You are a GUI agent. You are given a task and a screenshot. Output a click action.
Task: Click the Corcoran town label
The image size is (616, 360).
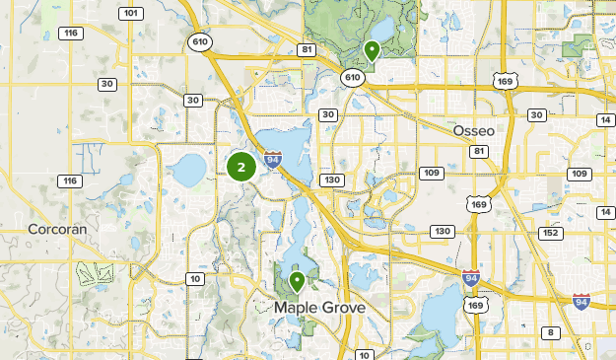click(57, 228)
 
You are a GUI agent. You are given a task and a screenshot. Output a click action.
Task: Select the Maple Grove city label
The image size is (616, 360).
click(319, 308)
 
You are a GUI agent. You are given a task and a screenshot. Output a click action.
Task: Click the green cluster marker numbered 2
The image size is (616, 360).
click(241, 167)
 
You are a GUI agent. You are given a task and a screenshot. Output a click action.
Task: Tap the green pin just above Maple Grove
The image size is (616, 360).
click(297, 282)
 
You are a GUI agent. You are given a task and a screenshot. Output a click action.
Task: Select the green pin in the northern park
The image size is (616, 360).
click(372, 50)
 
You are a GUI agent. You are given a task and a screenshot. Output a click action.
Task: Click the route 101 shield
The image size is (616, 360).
click(130, 13)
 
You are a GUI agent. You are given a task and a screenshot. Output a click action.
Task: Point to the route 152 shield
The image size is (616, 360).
click(551, 233)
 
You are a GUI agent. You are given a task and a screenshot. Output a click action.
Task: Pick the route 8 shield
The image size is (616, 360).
click(551, 332)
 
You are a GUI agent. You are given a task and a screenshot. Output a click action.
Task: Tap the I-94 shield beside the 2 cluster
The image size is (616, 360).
click(273, 160)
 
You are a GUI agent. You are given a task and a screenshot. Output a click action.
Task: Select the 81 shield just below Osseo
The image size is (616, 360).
click(479, 151)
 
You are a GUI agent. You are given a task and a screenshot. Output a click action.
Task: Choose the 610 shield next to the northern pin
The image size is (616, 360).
click(352, 76)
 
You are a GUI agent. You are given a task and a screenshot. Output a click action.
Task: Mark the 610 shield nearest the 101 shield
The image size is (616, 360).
click(201, 41)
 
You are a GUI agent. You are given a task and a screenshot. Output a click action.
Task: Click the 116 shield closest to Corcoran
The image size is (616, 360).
click(68, 180)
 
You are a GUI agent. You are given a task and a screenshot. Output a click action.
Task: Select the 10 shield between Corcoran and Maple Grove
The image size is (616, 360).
click(196, 279)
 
